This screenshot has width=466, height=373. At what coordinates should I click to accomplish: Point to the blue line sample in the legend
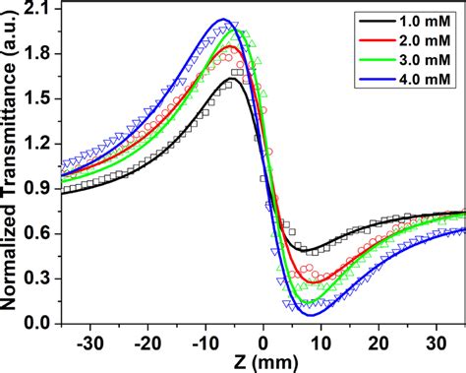click(378, 76)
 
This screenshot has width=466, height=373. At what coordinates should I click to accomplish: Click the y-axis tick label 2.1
click(41, 10)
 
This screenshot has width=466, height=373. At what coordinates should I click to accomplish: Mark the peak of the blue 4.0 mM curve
click(224, 20)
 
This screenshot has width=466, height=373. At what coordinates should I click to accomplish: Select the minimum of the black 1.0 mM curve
click(311, 253)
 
